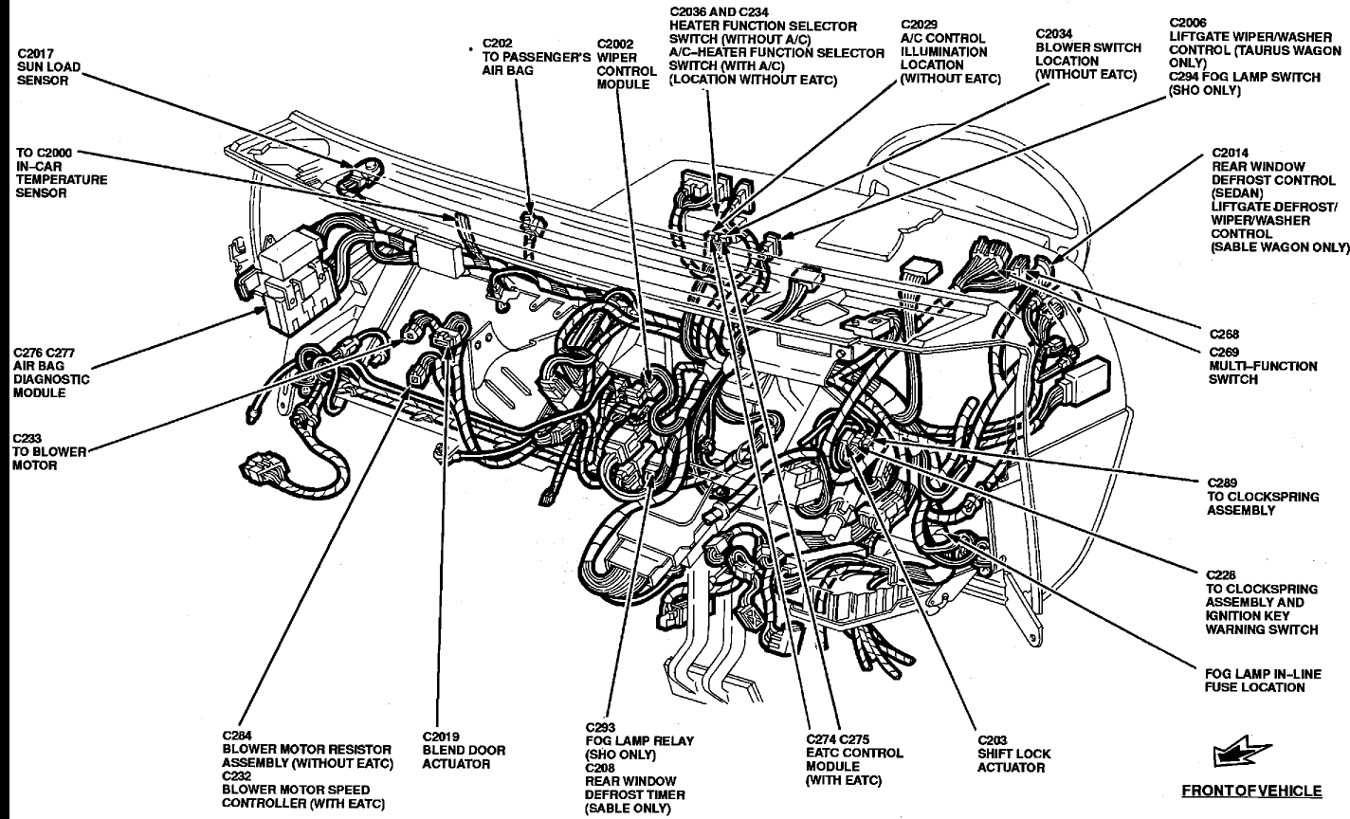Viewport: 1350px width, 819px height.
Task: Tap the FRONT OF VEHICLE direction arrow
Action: tap(1232, 754)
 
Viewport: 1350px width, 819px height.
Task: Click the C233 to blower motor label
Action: tap(35, 452)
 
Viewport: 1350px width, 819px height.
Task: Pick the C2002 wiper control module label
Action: tap(627, 64)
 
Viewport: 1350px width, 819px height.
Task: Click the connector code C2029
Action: tap(920, 26)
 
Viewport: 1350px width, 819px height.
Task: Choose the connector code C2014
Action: tap(1231, 152)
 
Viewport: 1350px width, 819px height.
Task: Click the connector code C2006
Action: tap(1190, 21)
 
